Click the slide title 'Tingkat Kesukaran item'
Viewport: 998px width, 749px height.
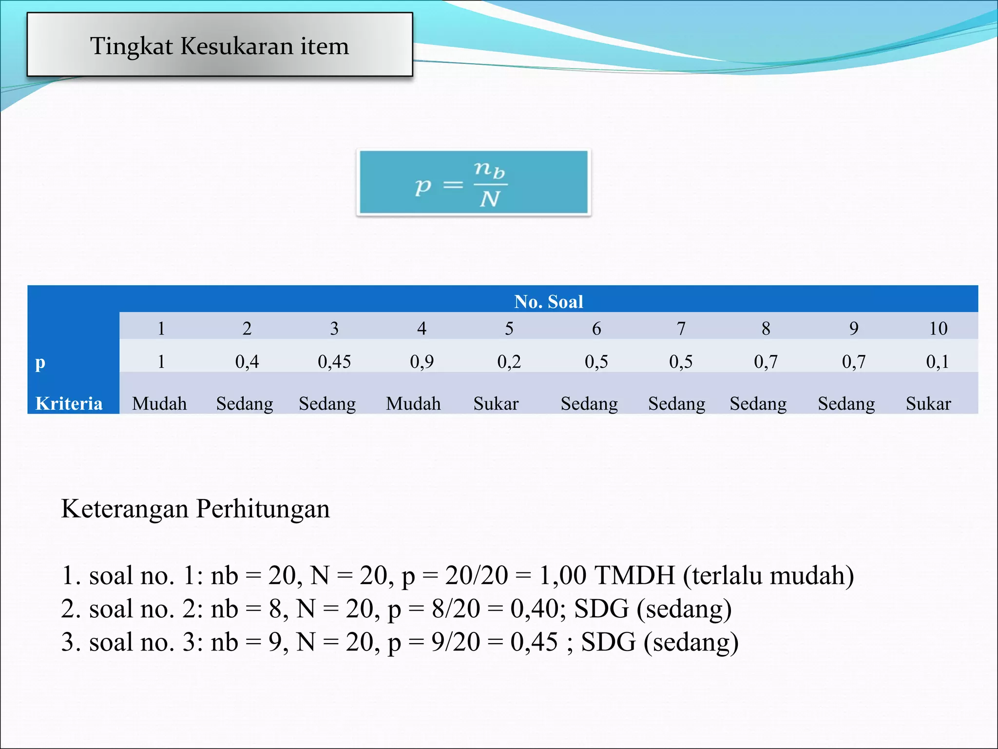click(219, 46)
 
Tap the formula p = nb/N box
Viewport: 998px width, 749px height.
click(473, 182)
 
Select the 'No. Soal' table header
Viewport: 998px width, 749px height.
click(549, 301)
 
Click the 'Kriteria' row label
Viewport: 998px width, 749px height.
click(69, 403)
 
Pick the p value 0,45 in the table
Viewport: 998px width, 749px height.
click(334, 361)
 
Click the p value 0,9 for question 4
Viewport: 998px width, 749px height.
click(422, 361)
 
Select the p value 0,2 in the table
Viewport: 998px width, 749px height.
click(509, 361)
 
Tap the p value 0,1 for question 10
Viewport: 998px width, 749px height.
click(938, 361)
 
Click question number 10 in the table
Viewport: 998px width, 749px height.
click(938, 328)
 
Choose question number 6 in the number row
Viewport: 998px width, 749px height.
click(596, 328)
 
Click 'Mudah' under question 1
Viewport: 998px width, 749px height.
click(159, 403)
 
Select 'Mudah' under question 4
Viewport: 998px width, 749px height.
click(413, 403)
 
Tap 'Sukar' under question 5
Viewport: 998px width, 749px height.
click(496, 403)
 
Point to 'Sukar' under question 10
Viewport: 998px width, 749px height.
click(928, 403)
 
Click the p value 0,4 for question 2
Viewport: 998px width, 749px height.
click(247, 361)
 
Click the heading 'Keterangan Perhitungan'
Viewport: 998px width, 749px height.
click(195, 509)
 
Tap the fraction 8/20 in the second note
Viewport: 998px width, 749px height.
click(456, 609)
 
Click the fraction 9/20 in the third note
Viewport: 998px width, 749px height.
click(456, 642)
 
